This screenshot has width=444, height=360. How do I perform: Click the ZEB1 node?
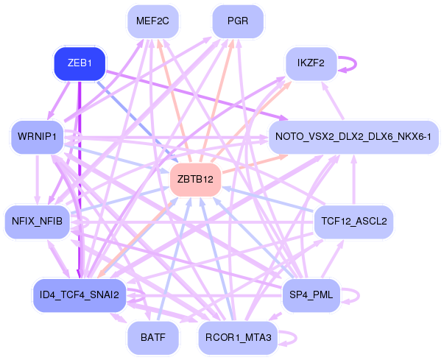pyautogui.click(x=80, y=63)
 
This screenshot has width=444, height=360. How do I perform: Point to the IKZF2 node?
pyautogui.click(x=311, y=63)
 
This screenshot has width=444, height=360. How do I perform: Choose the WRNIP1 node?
pyautogui.click(x=37, y=137)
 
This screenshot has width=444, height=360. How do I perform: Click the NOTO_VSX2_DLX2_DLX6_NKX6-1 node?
pyautogui.click(x=356, y=137)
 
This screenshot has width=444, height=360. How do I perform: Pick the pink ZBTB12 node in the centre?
pyautogui.click(x=195, y=180)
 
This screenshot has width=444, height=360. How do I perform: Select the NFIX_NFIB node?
pyautogui.click(x=37, y=221)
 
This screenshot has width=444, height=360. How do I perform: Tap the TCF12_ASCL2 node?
pyautogui.click(x=354, y=221)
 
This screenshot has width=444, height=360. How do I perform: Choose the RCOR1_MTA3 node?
pyautogui.click(x=236, y=338)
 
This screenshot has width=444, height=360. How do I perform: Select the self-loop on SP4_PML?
pyautogui.click(x=355, y=295)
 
